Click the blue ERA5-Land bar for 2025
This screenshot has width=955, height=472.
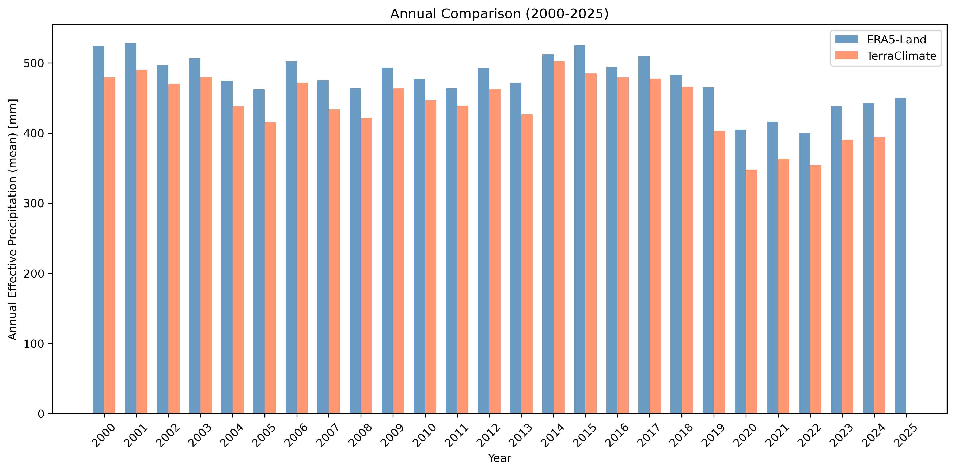(900, 256)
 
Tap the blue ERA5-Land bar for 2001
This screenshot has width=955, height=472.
(131, 228)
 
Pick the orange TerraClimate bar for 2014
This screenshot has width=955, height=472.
(559, 237)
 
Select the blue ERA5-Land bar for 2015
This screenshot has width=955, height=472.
(580, 229)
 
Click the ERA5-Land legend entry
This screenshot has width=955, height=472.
(896, 40)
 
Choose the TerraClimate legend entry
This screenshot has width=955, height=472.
(901, 56)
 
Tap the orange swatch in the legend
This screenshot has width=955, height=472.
(846, 56)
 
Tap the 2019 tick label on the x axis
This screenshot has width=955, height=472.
(713, 436)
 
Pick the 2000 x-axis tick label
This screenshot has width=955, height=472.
(103, 436)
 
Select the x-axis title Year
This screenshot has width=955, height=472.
(499, 458)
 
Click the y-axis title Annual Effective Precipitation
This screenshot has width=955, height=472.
(13, 219)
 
